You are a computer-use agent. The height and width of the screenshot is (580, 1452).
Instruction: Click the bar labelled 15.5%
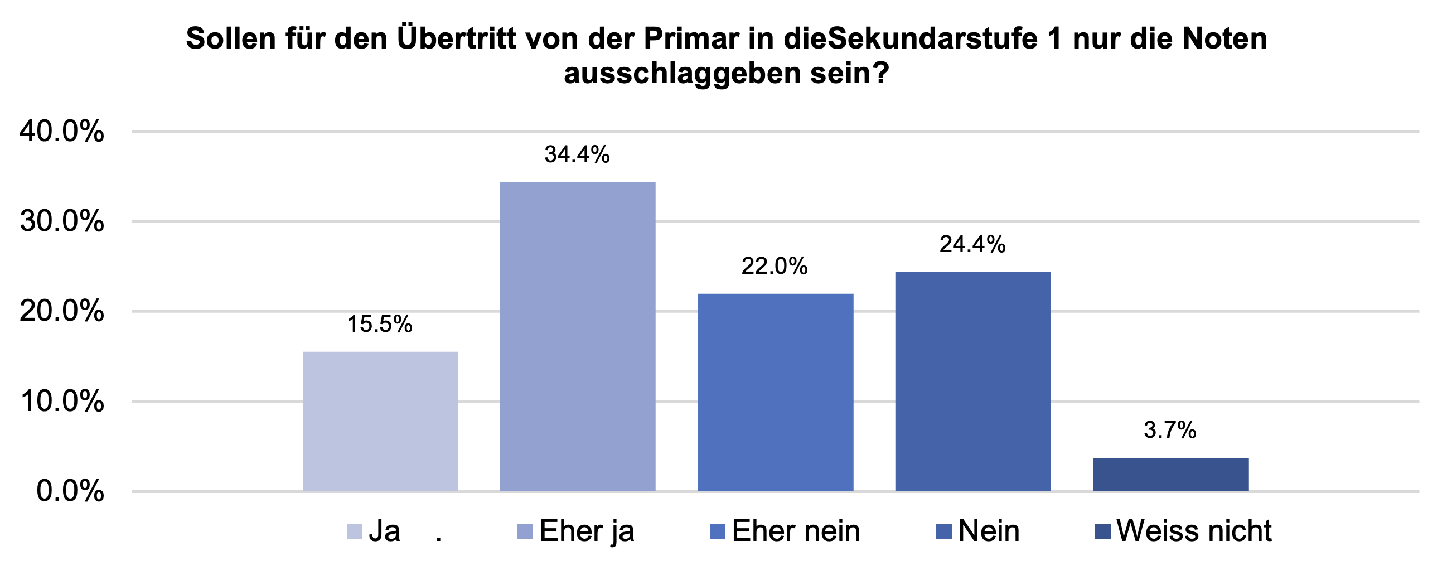380,422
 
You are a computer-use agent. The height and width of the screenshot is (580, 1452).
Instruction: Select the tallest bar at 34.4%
578,336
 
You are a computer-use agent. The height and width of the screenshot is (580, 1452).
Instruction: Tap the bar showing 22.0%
775,392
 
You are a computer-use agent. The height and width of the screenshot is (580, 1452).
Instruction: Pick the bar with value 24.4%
973,381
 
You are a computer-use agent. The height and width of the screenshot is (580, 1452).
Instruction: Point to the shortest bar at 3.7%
1171,475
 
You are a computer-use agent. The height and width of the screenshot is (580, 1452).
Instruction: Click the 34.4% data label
577,154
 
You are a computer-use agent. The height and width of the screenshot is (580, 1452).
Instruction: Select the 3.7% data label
1170,430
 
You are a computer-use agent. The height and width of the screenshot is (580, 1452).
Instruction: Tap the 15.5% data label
379,324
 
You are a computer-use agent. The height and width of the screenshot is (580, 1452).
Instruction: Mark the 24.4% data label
972,245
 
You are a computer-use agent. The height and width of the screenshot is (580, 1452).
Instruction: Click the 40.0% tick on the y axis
62,132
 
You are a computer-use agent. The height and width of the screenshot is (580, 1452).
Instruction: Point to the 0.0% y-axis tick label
70,491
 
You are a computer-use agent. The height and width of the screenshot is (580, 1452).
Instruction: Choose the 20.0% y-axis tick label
62,311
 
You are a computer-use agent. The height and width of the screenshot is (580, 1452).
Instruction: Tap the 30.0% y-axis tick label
62,221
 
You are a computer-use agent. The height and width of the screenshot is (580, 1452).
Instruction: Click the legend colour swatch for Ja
354,531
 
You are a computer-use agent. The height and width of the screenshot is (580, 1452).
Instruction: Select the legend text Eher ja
587,531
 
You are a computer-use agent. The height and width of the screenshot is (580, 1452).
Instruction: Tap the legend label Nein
989,531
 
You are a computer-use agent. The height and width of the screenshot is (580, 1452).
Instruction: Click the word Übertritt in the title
456,39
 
